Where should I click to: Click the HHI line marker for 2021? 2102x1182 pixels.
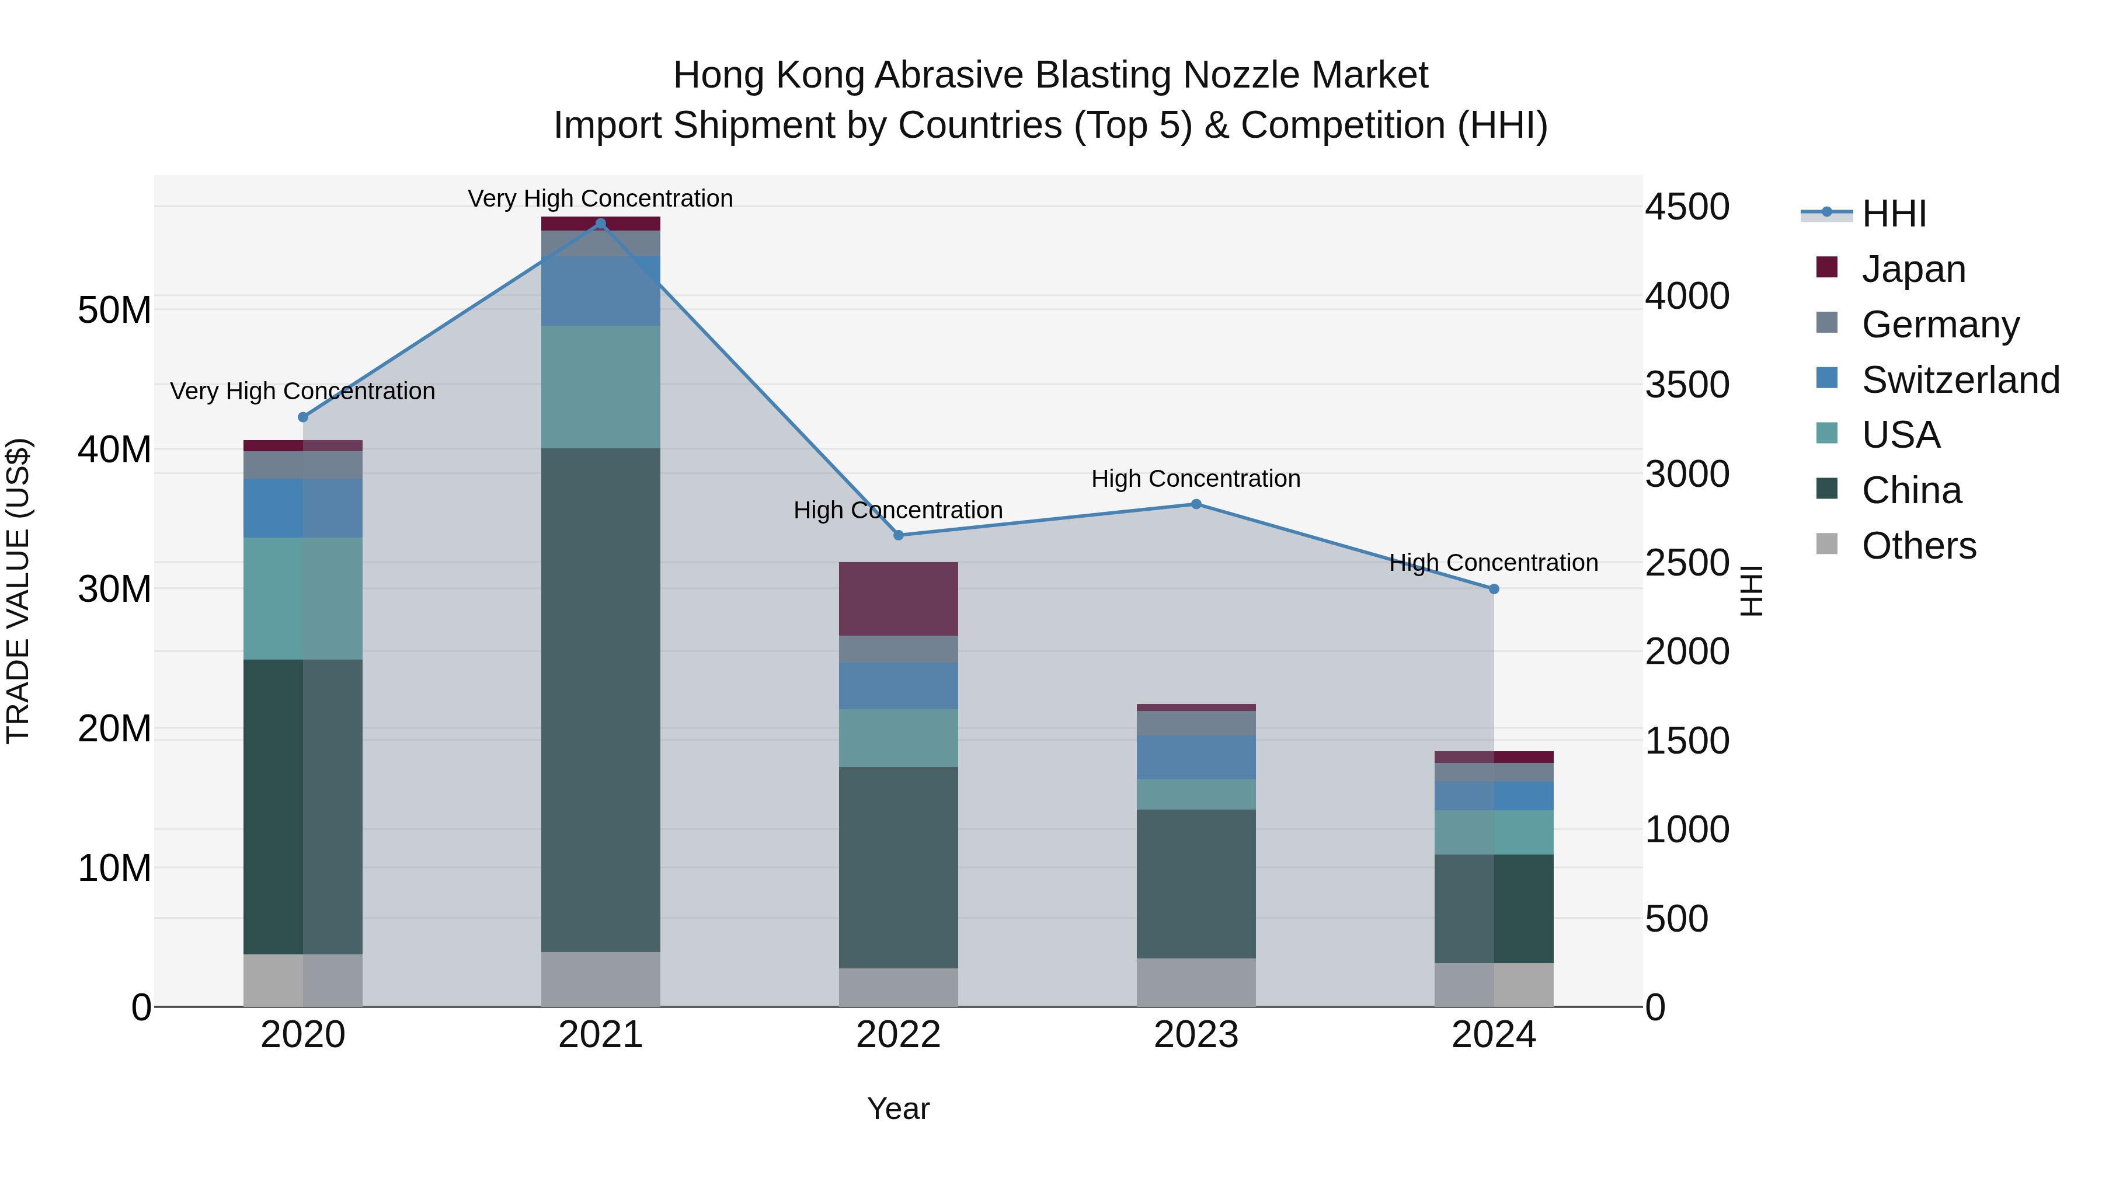(x=601, y=224)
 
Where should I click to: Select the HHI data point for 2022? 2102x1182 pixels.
(x=899, y=535)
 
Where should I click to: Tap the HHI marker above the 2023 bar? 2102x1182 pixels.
(x=1196, y=504)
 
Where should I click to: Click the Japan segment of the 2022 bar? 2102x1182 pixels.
(x=899, y=599)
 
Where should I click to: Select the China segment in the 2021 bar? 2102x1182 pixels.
(x=601, y=700)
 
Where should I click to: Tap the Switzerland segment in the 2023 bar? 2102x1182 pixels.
(x=1196, y=757)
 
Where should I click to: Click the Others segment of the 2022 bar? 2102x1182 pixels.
(x=899, y=987)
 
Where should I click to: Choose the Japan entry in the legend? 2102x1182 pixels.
(x=1913, y=269)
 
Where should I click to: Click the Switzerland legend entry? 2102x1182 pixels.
(x=1960, y=379)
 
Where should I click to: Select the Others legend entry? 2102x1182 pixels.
(x=1919, y=545)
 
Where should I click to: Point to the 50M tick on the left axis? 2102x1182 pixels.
(x=114, y=310)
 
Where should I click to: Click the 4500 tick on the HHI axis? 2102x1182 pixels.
(x=1687, y=207)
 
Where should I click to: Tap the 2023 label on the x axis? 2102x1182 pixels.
(x=1196, y=1035)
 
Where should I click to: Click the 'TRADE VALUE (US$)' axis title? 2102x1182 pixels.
(x=18, y=591)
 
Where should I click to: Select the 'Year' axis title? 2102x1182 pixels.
(x=899, y=1108)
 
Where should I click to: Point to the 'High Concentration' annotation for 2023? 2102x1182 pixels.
(x=1196, y=479)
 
